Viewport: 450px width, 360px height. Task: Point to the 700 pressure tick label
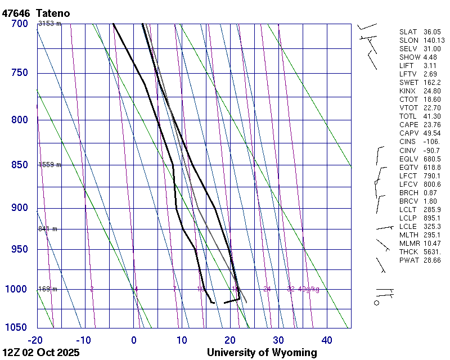pyautogui.click(x=19, y=24)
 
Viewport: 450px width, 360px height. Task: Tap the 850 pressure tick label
pyautogui.click(x=19, y=165)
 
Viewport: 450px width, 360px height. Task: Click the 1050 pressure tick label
pyautogui.click(x=16, y=328)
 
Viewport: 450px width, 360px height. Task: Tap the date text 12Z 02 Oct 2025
pyautogui.click(x=41, y=353)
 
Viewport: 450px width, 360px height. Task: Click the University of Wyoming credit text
pyautogui.click(x=262, y=353)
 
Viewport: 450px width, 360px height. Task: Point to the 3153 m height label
pyautogui.click(x=49, y=24)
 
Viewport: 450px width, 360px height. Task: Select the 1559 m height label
pyautogui.click(x=49, y=165)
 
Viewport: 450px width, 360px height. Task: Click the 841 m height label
pyautogui.click(x=48, y=229)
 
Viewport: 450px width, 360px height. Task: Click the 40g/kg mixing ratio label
pyautogui.click(x=308, y=289)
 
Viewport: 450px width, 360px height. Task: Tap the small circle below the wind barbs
pyautogui.click(x=377, y=303)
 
